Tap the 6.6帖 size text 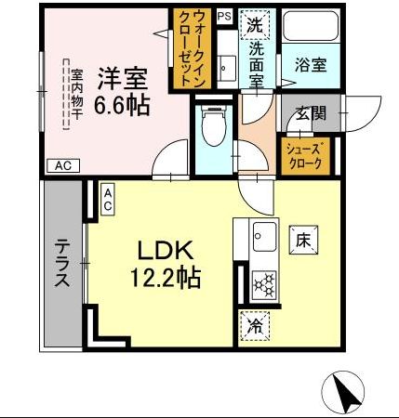(x=124, y=106)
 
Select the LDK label (x=166, y=250)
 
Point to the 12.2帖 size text (x=166, y=276)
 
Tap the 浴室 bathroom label (x=310, y=65)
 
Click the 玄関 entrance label (x=310, y=114)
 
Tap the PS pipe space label (x=224, y=16)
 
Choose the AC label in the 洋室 (x=62, y=165)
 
